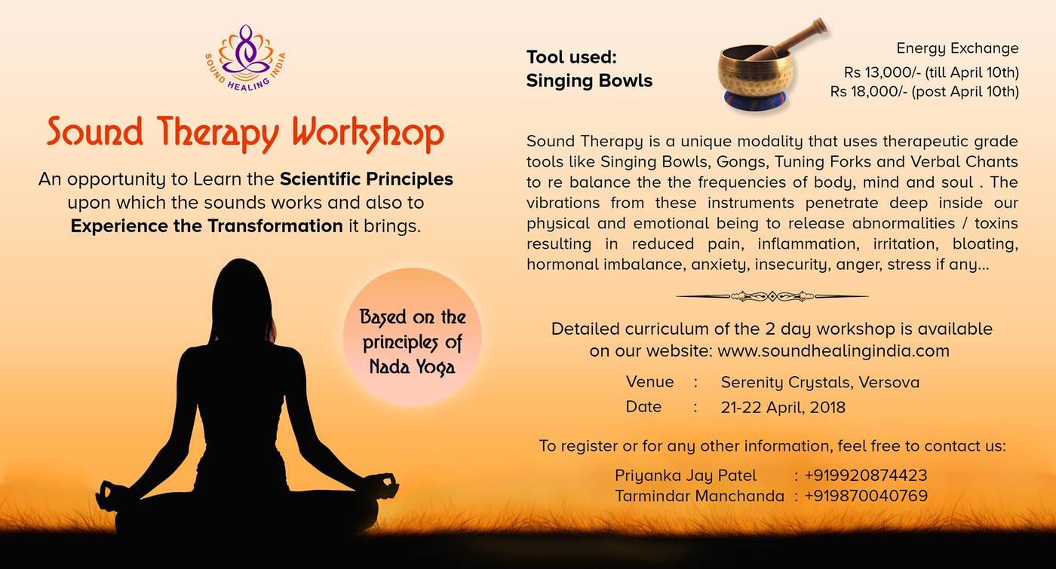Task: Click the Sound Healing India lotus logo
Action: pyautogui.click(x=245, y=57)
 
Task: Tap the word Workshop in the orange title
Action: pyautogui.click(x=368, y=133)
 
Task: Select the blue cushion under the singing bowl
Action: pyautogui.click(x=755, y=99)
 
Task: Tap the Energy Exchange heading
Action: pyautogui.click(x=957, y=48)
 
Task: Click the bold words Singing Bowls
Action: pyautogui.click(x=589, y=81)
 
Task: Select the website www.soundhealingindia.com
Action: pyautogui.click(x=833, y=351)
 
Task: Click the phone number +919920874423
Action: pyautogui.click(x=866, y=476)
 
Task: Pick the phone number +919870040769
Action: pyautogui.click(x=866, y=496)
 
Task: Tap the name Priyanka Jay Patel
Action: pyautogui.click(x=686, y=476)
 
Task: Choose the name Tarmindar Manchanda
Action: pyautogui.click(x=700, y=496)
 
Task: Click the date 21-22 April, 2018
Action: pyautogui.click(x=783, y=408)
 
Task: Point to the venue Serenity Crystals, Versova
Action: pyautogui.click(x=820, y=382)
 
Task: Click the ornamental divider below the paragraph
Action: pyautogui.click(x=772, y=297)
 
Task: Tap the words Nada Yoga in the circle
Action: pyautogui.click(x=412, y=367)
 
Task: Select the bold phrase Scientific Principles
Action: pyautogui.click(x=367, y=179)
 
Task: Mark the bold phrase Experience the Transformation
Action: pyautogui.click(x=207, y=226)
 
